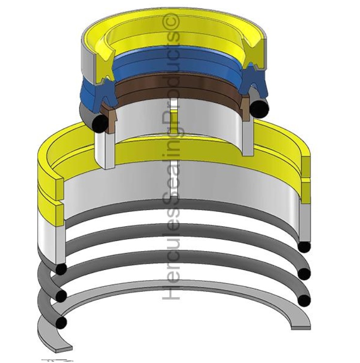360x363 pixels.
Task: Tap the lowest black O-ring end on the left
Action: click(62, 323)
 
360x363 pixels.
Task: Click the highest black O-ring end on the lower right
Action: click(304, 247)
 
